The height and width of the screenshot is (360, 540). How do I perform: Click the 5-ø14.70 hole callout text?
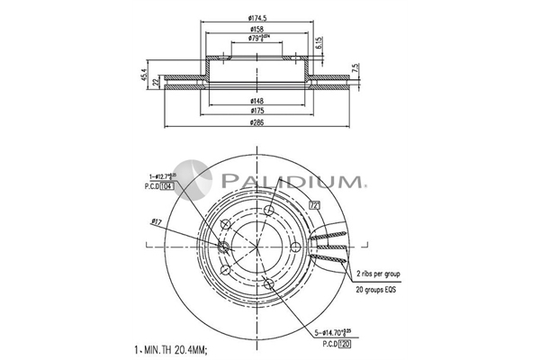[x=334, y=332]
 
